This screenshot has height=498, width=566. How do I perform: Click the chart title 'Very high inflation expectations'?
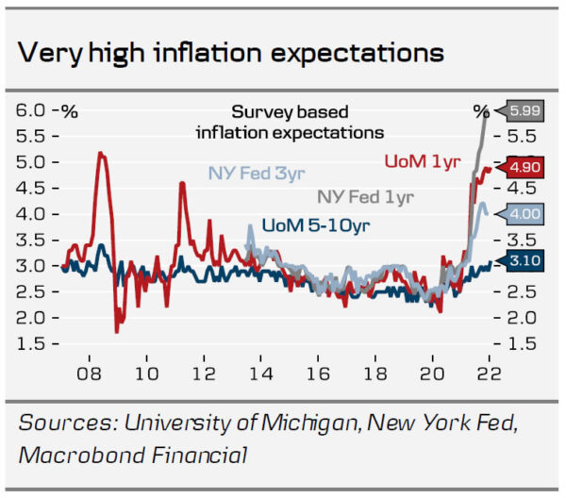pos(232,49)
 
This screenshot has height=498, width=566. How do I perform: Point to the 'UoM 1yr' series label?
pos(423,161)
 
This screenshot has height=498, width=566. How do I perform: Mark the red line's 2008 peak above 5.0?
pos(100,153)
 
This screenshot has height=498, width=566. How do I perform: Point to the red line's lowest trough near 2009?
pos(117,331)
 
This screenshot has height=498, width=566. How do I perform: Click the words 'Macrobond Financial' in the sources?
pos(133,456)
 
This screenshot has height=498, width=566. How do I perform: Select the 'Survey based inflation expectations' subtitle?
pos(290,122)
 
